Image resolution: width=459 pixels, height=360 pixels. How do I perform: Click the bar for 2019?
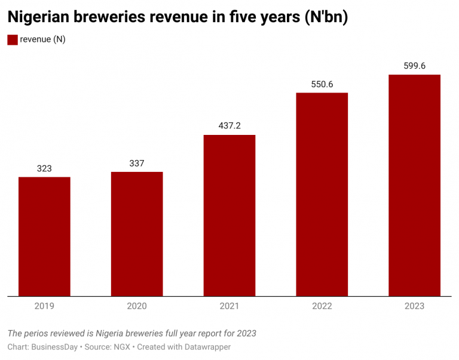[x=44, y=236]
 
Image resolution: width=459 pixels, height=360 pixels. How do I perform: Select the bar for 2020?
[x=137, y=234]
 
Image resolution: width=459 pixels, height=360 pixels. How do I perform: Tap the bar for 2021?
[x=229, y=216]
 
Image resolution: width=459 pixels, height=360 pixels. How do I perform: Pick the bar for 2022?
[x=322, y=194]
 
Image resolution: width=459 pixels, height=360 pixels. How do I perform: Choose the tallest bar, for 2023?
[x=414, y=185]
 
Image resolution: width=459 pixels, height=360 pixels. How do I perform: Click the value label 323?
[x=44, y=168]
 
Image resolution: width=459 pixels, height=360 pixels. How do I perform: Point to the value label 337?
[x=137, y=164]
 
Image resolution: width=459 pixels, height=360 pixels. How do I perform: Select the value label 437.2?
[x=229, y=126]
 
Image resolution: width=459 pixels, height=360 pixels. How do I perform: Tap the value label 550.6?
[x=322, y=84]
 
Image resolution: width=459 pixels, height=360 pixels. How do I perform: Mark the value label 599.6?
[x=414, y=66]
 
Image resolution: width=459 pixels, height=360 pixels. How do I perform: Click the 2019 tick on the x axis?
[x=44, y=306]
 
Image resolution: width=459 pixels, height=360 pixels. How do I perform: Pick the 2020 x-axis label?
[x=137, y=306]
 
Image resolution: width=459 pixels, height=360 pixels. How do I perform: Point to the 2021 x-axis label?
[x=229, y=306]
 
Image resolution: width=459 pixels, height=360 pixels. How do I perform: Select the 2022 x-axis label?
[x=322, y=306]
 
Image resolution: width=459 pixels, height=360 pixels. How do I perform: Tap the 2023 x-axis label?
[x=414, y=306]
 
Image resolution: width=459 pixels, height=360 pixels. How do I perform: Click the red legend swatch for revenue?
[x=12, y=39]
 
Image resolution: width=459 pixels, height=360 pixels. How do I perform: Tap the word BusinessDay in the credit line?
[x=54, y=347]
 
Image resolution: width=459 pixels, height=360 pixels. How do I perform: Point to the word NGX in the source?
[x=122, y=347]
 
